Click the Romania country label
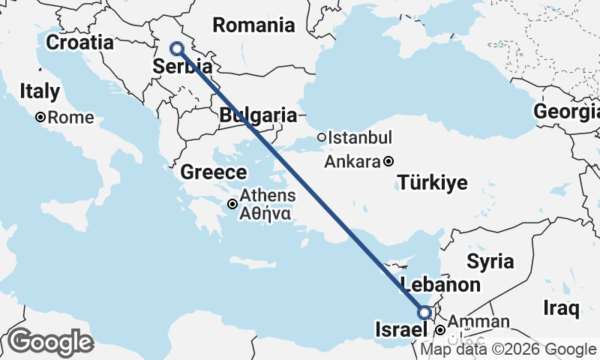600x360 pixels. pyautogui.click(x=253, y=25)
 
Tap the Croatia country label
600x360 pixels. pyautogui.click(x=79, y=42)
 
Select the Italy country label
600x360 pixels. pyautogui.click(x=40, y=92)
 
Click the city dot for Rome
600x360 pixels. pyautogui.click(x=40, y=118)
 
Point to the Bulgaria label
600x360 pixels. pyautogui.click(x=258, y=115)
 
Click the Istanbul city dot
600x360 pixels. pyautogui.click(x=321, y=137)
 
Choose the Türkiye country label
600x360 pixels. pyautogui.click(x=433, y=182)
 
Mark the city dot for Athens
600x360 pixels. pyautogui.click(x=233, y=204)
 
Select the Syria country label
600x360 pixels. pyautogui.click(x=490, y=262)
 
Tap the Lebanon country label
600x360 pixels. pyautogui.click(x=440, y=285)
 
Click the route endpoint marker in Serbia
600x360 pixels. pyautogui.click(x=177, y=49)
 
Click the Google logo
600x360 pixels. pyautogui.click(x=49, y=342)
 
